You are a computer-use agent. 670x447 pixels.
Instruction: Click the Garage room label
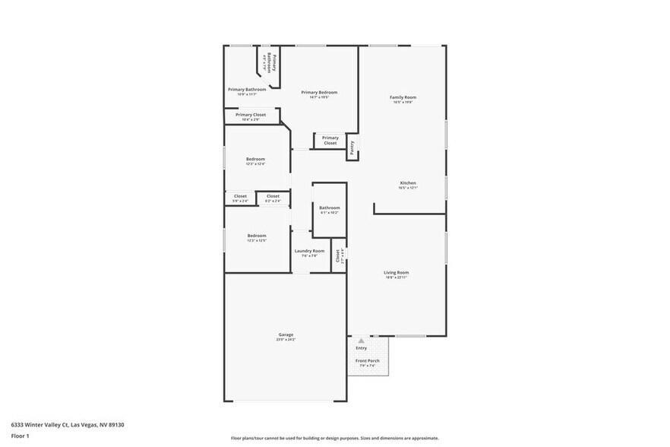coord(286,334)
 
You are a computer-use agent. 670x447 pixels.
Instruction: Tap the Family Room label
coord(403,97)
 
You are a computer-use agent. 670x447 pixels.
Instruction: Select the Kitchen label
coord(408,182)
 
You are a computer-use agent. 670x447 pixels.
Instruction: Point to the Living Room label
coord(396,272)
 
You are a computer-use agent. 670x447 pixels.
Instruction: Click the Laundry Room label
coord(309,251)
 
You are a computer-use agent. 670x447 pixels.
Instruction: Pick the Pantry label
coord(352,147)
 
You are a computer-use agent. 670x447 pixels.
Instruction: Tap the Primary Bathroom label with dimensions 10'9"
coord(247,90)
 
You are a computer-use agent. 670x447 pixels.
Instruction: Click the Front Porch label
coord(368,360)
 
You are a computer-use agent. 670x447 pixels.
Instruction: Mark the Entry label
coord(362,348)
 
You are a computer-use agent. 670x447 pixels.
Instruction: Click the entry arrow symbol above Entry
coord(362,341)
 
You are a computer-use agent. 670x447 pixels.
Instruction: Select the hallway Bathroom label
coord(330,208)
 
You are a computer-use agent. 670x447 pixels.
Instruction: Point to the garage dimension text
coord(286,340)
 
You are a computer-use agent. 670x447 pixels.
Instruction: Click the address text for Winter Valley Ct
coord(68,425)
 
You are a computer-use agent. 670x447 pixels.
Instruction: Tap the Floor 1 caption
coord(20,436)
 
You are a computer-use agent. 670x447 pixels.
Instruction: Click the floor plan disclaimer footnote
coord(334,438)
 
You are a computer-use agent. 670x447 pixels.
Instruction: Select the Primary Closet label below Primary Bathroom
coord(251,115)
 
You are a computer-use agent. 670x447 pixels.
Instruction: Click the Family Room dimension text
coord(403,103)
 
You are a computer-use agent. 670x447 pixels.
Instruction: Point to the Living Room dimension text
coord(396,277)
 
